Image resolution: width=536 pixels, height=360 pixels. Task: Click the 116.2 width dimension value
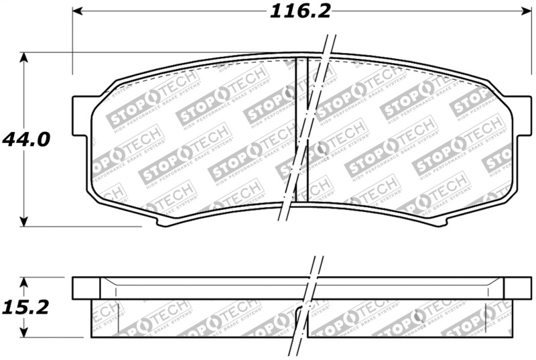coord(301,11)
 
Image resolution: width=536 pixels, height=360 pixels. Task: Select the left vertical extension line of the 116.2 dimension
coord(72,40)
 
